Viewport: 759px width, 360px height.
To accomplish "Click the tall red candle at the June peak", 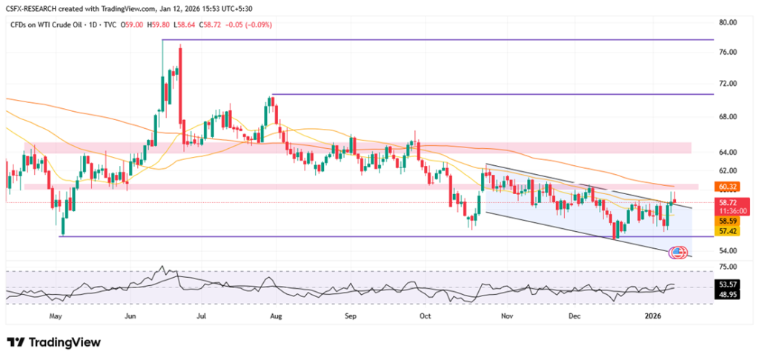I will (x=180, y=81).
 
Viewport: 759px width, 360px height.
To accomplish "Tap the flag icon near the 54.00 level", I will (x=677, y=253).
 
